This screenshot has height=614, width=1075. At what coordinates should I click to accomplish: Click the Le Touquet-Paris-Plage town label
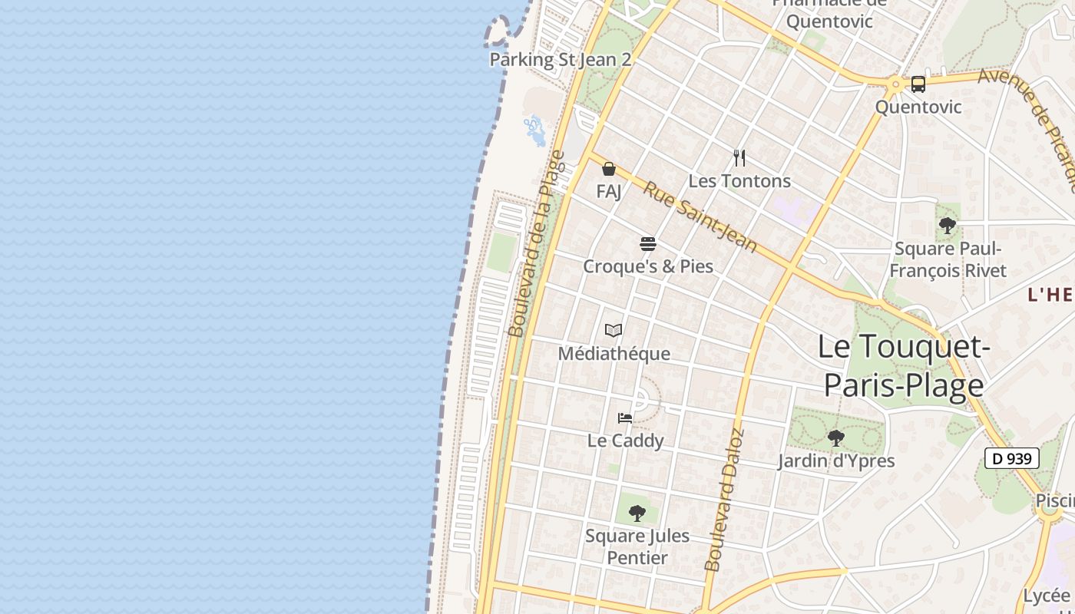[x=903, y=366]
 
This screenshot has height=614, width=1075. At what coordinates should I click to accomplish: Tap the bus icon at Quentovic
[x=918, y=84]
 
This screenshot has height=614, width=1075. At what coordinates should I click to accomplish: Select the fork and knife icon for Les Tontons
[x=739, y=158]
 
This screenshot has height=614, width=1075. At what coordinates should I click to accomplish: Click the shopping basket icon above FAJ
[x=609, y=169]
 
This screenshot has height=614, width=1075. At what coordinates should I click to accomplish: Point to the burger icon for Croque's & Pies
[x=648, y=244]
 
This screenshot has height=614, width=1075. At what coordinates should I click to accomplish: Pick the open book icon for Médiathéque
[x=613, y=331]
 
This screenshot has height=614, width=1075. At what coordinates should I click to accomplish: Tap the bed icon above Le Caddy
[x=625, y=418]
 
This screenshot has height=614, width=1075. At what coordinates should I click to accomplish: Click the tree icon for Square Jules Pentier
[x=637, y=513]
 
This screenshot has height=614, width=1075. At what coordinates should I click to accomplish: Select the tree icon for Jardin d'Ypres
[x=835, y=438]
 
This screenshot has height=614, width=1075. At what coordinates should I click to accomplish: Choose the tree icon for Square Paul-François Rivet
[x=947, y=226]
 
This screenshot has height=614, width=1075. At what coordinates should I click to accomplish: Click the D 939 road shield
[x=1011, y=459]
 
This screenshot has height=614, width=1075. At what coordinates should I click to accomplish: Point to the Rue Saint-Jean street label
[x=700, y=217]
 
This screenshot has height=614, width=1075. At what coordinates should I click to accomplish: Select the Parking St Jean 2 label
[x=561, y=60]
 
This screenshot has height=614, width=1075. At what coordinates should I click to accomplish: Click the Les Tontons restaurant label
[x=739, y=181]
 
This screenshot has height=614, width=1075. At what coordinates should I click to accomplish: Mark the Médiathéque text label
[x=614, y=354]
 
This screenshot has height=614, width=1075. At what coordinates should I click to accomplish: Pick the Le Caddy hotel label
[x=625, y=441]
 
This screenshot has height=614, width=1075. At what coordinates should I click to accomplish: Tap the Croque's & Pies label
[x=648, y=266]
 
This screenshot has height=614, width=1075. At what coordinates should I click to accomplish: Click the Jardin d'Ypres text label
[x=835, y=460]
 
